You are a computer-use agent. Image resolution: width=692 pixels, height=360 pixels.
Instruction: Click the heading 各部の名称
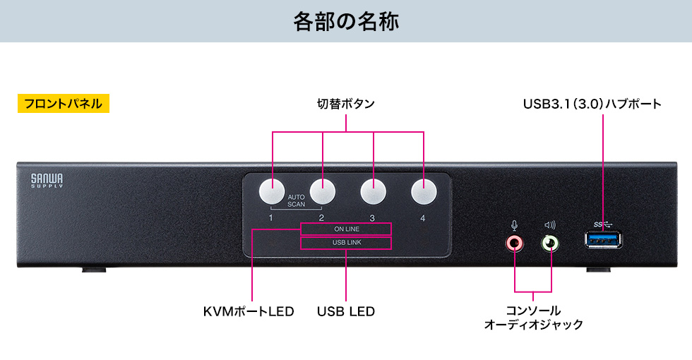(346, 21)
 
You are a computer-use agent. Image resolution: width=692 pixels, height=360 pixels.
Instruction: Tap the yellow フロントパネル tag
(64, 104)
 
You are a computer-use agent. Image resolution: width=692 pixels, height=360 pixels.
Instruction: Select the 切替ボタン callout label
(345, 104)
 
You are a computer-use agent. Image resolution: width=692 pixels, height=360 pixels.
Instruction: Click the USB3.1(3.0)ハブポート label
(592, 104)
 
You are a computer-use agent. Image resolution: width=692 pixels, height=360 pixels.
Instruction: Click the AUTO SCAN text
(297, 200)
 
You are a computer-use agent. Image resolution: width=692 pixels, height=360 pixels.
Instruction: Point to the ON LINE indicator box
(346, 229)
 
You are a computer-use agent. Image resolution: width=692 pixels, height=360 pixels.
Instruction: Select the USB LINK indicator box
(346, 244)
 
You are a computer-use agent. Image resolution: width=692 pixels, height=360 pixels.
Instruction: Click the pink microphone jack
(515, 244)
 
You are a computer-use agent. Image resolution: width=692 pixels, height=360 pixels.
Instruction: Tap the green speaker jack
(550, 244)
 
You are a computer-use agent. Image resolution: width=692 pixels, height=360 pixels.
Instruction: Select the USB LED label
(345, 311)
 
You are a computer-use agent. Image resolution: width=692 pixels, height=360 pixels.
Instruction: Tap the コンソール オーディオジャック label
(533, 318)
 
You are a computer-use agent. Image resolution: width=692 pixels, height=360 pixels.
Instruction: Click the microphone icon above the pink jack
(515, 226)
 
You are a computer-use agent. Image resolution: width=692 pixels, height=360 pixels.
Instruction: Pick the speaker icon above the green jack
(550, 226)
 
